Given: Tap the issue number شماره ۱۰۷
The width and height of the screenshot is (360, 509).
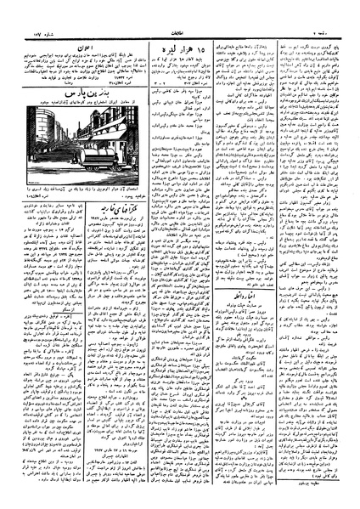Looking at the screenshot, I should [x=25, y=11].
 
